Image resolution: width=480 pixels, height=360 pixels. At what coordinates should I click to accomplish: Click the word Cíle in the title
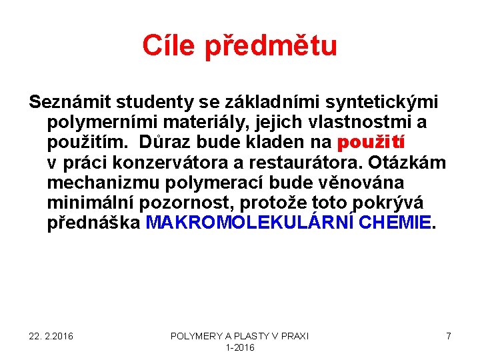[169, 46]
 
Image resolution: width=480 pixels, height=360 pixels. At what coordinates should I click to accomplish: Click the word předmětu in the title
[270, 46]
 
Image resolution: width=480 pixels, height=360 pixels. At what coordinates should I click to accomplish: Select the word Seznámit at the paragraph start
[69, 102]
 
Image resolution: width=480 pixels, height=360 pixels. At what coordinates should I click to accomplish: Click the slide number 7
[449, 336]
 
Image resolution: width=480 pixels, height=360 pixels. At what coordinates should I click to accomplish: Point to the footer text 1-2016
[240, 347]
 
